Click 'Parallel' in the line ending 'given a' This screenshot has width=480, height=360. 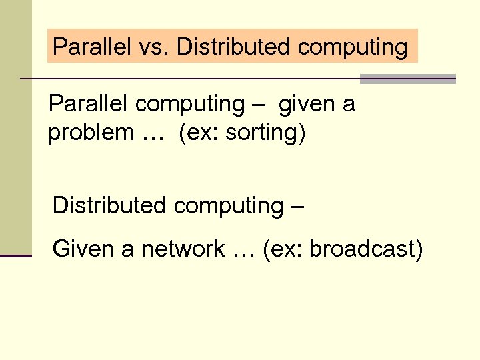click(89, 104)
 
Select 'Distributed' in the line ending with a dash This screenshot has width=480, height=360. click(109, 205)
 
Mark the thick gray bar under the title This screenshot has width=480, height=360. click(407, 79)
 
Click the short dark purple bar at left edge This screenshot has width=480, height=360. click(16, 255)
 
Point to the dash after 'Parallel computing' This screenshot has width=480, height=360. click(259, 105)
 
